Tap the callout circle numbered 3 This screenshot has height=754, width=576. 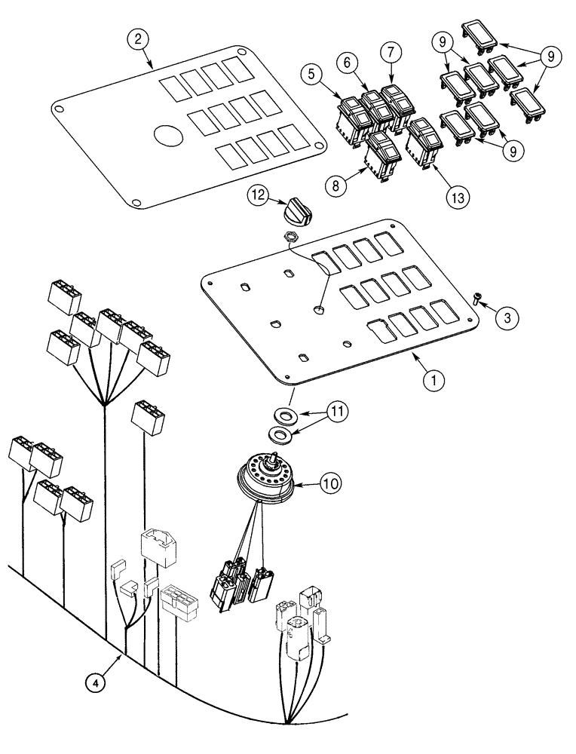506,317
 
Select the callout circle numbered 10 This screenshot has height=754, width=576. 327,484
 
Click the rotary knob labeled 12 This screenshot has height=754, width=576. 293,207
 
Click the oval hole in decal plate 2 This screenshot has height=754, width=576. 168,137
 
